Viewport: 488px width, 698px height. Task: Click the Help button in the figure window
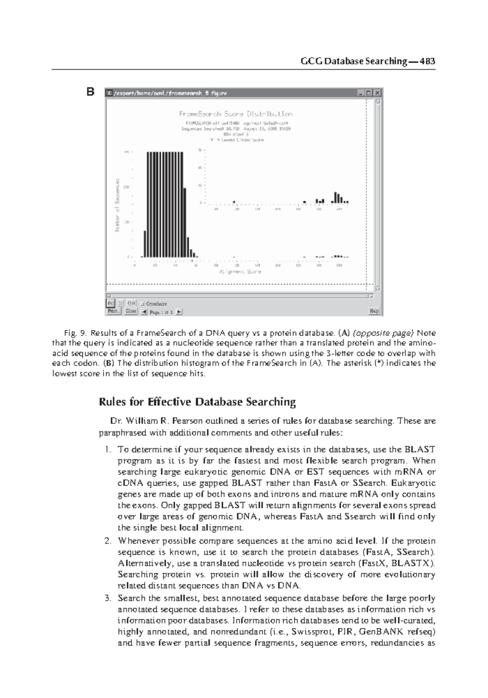(x=374, y=312)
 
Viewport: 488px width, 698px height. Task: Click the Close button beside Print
(x=131, y=311)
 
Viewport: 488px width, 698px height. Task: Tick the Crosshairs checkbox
(x=142, y=304)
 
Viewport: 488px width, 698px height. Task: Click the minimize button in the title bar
(x=360, y=93)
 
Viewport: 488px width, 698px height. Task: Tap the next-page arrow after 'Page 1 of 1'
(x=179, y=312)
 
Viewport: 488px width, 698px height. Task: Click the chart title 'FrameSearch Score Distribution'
(x=236, y=114)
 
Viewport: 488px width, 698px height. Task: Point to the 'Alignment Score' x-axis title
(x=240, y=271)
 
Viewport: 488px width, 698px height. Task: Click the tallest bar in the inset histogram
(x=335, y=198)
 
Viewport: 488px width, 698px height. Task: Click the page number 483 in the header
(x=428, y=61)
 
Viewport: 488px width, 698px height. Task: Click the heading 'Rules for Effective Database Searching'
(x=197, y=402)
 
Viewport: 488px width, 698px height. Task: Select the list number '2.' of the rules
(x=107, y=541)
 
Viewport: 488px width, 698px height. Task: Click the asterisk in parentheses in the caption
(x=377, y=363)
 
